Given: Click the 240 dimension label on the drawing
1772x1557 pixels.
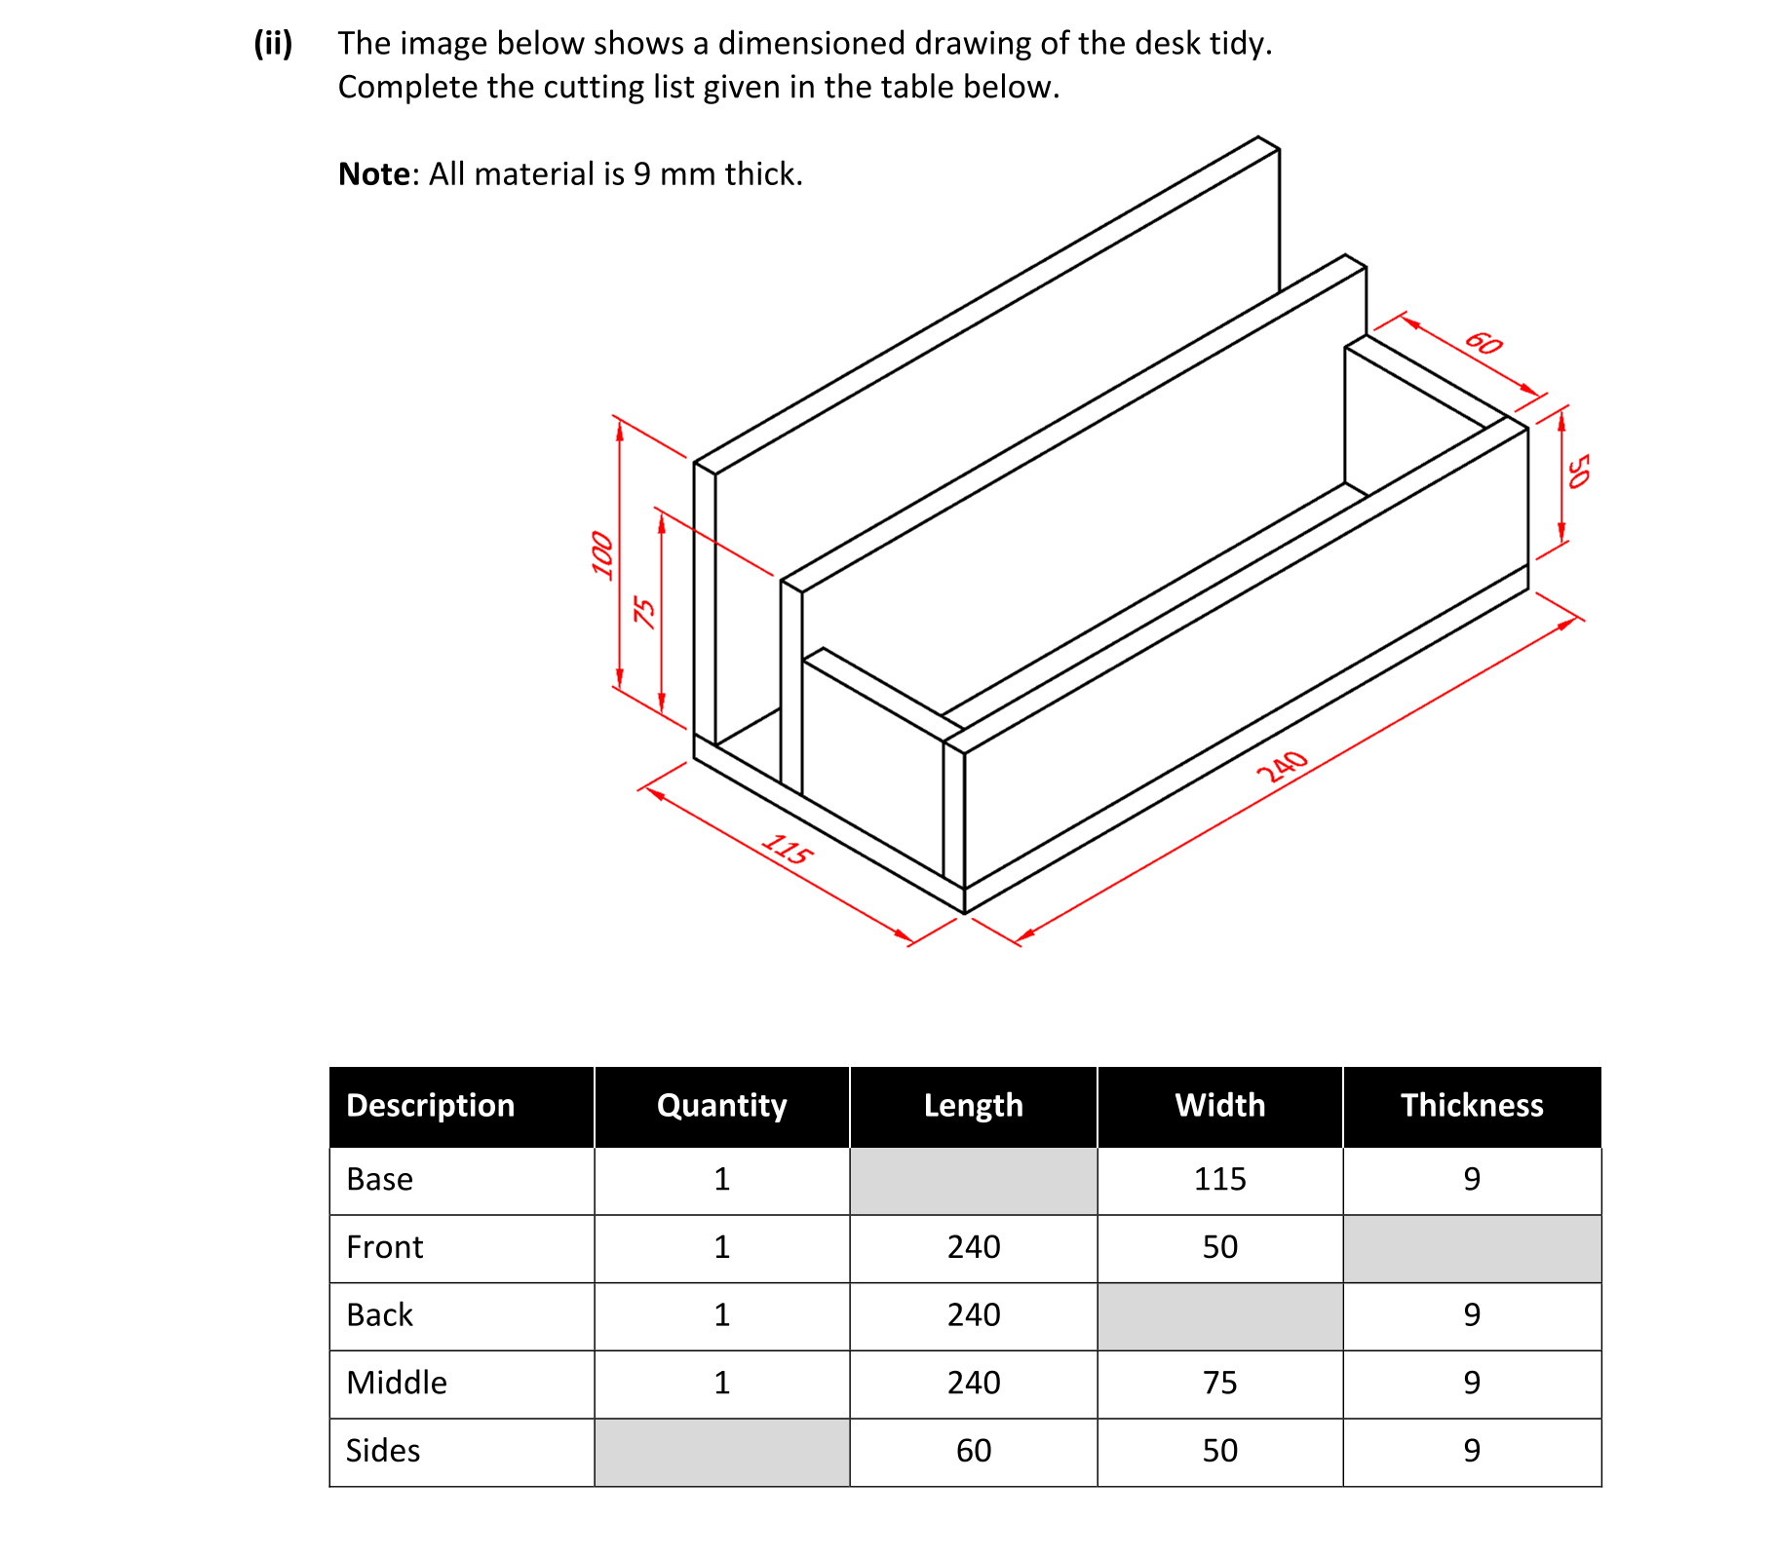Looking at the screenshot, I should click(1281, 766).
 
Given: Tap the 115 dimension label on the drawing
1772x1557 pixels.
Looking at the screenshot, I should click(786, 849).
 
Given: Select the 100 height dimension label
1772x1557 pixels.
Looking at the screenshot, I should click(603, 554).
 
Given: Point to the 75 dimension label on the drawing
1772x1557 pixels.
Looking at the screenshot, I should click(644, 611).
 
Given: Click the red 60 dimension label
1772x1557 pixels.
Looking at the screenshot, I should click(1483, 343).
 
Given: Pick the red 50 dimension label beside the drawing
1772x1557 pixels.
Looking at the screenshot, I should click(1578, 471).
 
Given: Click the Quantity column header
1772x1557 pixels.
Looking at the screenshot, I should click(721, 1106).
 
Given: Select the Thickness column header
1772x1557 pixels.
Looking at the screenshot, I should click(1471, 1106).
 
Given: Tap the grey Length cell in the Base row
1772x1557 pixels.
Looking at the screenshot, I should click(973, 1180).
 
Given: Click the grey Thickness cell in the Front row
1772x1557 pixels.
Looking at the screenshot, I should click(1471, 1248).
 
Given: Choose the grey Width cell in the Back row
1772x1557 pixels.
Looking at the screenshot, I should click(1219, 1315).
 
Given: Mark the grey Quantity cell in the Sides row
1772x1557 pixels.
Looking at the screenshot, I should click(721, 1451).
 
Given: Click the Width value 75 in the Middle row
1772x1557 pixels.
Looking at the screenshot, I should click(1219, 1383).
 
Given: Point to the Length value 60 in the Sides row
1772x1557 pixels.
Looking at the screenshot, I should click(973, 1451).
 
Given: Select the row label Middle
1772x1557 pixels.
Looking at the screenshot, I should click(397, 1383).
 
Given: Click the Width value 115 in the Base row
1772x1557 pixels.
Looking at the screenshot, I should click(1219, 1180).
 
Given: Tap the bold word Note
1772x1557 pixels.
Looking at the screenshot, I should click(373, 174).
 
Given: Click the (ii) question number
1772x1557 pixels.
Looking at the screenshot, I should click(273, 44).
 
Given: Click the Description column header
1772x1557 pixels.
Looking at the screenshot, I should click(430, 1106).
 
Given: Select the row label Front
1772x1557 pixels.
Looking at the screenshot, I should click(384, 1248).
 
